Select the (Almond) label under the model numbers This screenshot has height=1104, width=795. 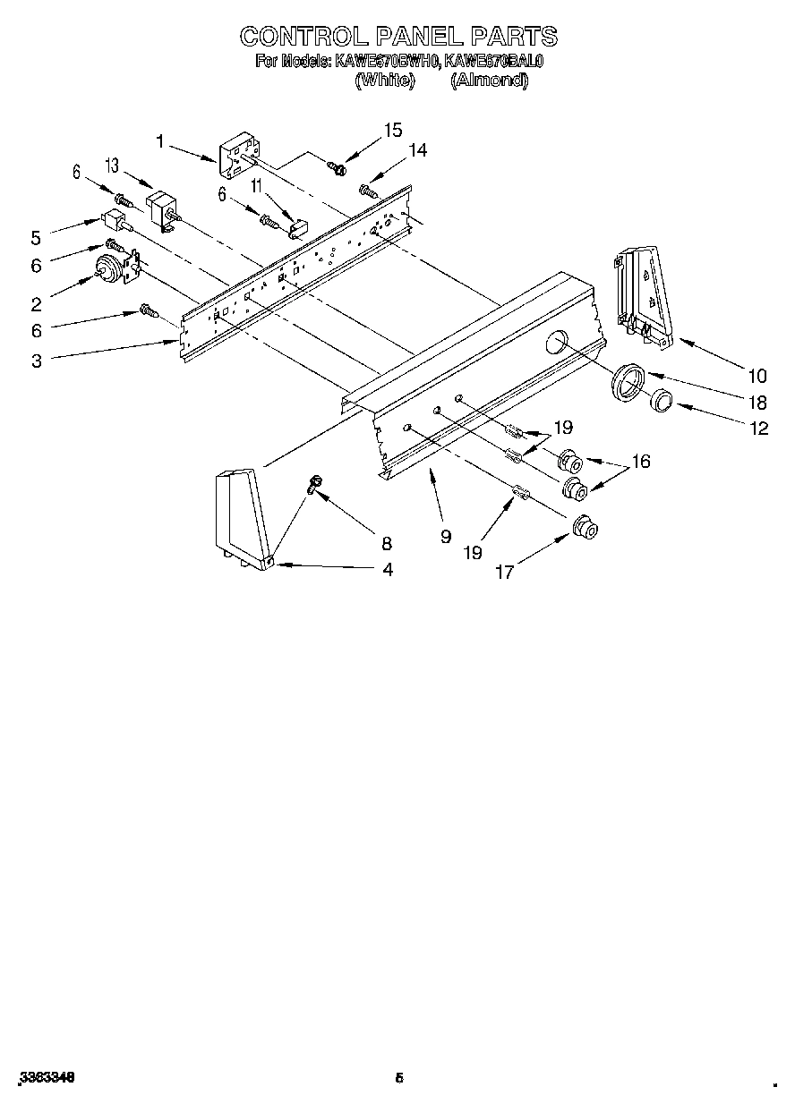(489, 80)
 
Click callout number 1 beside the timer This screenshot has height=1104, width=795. (159, 140)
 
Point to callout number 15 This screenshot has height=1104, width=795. (392, 130)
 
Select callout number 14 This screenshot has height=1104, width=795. (416, 150)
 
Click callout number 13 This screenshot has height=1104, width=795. (112, 165)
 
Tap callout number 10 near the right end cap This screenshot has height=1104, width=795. (757, 375)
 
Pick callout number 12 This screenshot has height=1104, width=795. (758, 428)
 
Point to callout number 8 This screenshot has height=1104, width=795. (387, 542)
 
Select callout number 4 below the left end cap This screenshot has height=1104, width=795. (387, 569)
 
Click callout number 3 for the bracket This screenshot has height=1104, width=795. (36, 361)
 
